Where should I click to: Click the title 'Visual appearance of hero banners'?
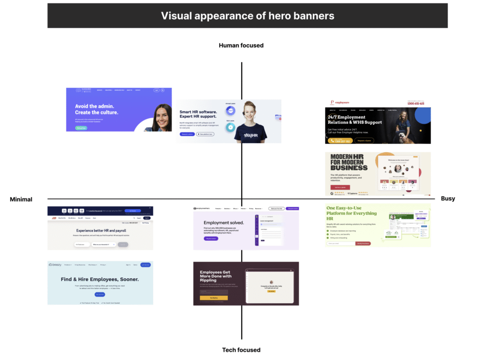(x=247, y=16)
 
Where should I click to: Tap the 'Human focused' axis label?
(x=241, y=45)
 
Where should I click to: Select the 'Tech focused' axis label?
(x=241, y=350)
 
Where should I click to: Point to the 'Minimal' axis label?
(x=21, y=199)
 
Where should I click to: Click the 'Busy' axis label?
(x=448, y=199)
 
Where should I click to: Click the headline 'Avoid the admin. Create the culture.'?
(x=97, y=109)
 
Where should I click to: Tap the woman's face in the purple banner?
(x=163, y=116)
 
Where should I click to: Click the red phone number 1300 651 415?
(x=415, y=103)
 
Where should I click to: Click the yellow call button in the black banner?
(x=340, y=140)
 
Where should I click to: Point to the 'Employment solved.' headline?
(x=224, y=222)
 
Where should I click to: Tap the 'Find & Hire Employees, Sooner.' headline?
(x=100, y=279)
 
